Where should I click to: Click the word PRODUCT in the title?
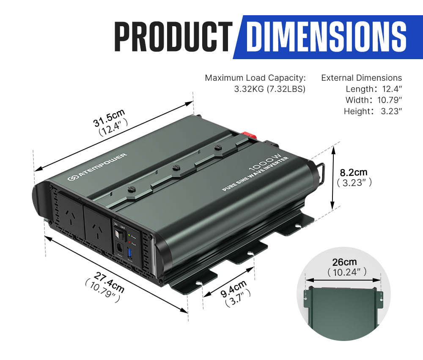tap(173, 37)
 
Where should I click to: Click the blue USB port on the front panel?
tap(130, 255)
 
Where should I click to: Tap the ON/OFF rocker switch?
tap(118, 231)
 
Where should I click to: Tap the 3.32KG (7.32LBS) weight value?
tap(269, 89)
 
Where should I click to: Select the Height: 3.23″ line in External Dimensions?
tap(372, 111)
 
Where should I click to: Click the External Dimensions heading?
tap(361, 78)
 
